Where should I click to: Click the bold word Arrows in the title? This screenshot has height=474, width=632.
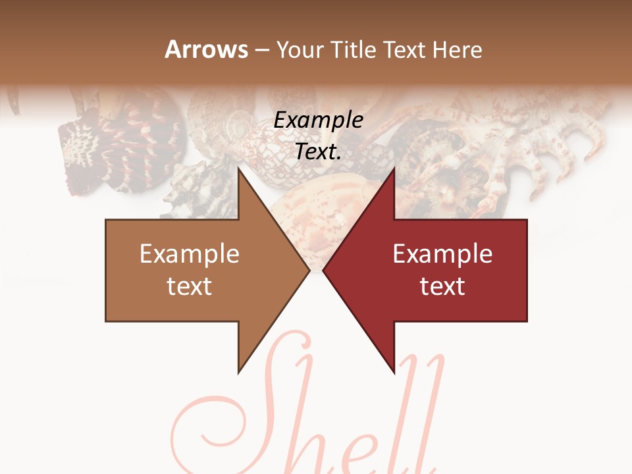[207, 49]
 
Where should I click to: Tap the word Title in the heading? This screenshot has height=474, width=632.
[355, 49]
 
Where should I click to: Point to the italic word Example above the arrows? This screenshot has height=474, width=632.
[319, 120]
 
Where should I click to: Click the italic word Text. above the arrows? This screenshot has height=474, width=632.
[319, 151]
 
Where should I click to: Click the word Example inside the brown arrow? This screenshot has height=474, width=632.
[190, 254]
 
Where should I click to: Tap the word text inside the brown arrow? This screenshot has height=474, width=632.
[190, 286]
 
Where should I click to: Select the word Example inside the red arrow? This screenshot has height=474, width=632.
[442, 254]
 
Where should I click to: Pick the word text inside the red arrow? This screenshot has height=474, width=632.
[442, 286]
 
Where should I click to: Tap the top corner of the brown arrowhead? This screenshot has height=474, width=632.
[239, 169]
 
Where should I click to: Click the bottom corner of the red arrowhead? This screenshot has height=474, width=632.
[394, 372]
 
